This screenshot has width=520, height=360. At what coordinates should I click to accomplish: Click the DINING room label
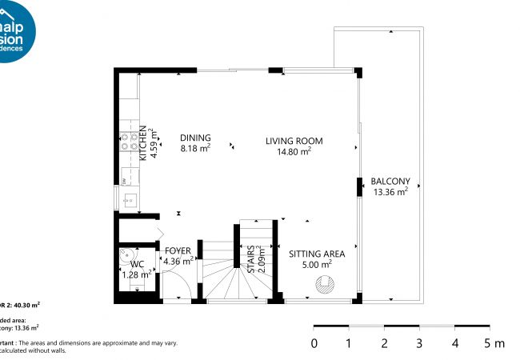[195, 137]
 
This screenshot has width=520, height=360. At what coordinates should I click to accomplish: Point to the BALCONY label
[390, 181]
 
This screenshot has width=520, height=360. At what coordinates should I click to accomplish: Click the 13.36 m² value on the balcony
[390, 191]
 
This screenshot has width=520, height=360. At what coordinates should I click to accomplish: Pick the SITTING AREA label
[316, 254]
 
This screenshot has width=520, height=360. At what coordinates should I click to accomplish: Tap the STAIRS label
[250, 259]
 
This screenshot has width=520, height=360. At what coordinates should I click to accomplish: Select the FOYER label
[178, 251]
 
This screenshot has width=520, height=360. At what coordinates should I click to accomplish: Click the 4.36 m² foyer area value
[178, 261]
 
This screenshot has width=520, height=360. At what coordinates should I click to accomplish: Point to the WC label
[138, 264]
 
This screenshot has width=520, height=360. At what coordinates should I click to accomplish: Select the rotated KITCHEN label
[143, 144]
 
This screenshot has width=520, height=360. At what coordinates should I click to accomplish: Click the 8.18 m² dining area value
[195, 148]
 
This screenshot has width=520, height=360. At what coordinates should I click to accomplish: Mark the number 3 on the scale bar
[419, 344]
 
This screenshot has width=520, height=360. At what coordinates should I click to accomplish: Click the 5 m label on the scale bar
[493, 344]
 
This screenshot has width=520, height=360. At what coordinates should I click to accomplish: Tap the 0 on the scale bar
[314, 344]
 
